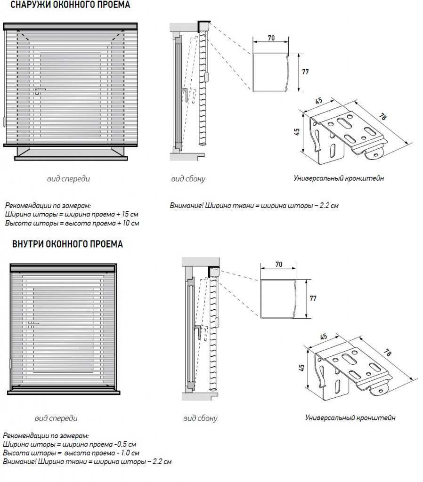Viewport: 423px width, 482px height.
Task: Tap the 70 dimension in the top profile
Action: pos(271,38)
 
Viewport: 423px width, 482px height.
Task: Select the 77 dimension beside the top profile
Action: pos(305,72)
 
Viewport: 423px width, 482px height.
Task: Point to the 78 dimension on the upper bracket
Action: pos(382,116)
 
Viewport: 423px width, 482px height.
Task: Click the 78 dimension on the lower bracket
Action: pos(388,353)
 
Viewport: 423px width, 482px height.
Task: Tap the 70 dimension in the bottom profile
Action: pos(279,265)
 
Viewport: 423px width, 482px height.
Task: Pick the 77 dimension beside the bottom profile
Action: pos(313,298)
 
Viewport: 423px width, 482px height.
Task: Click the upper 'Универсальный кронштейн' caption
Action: pos(339,178)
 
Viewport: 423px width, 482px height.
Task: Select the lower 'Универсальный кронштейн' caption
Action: pos(350,418)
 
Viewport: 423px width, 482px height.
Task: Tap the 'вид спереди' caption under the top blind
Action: pos(68,179)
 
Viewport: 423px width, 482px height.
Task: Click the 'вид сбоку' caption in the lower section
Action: pos(200,418)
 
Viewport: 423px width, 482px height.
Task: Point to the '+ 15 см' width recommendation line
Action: pos(72,214)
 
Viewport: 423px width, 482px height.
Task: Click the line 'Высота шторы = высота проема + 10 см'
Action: pos(72,223)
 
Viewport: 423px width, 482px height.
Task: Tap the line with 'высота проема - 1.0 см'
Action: pos(71,453)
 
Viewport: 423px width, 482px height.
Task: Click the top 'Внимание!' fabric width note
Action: pos(254,206)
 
